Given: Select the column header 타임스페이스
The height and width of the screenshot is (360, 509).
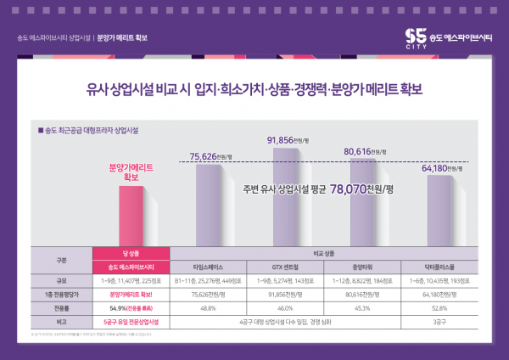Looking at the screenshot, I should click(x=210, y=266).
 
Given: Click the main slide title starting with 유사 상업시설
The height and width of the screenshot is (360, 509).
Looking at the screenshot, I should click(x=255, y=87).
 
